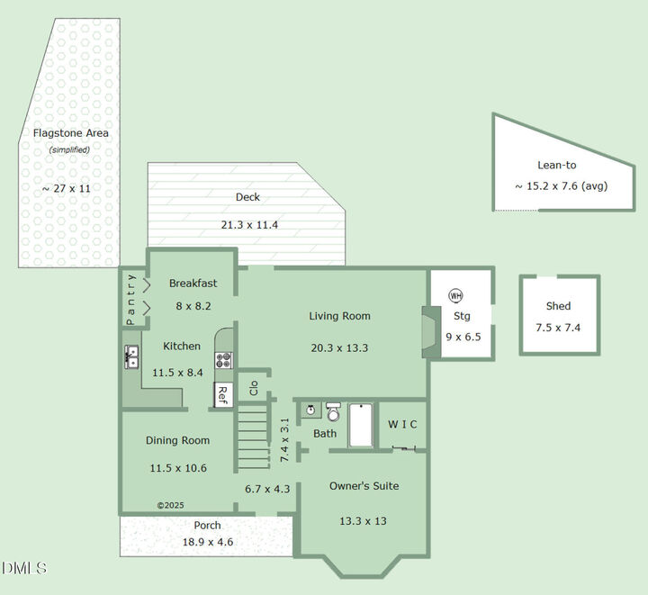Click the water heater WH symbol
tap(455, 296)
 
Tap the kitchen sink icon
tap(131, 357)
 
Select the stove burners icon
tap(224, 360)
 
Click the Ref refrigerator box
tap(222, 394)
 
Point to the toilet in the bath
tap(333, 412)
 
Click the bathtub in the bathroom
tap(360, 425)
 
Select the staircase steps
tap(253, 437)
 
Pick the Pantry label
tap(130, 299)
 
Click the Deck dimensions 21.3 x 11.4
tap(247, 225)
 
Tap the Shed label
tap(558, 306)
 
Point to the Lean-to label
tap(556, 165)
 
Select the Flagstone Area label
tap(71, 133)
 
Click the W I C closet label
tap(402, 425)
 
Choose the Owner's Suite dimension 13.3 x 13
tap(364, 521)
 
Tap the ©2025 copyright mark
tap(170, 506)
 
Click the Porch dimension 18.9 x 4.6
tap(207, 542)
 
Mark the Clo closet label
tap(254, 388)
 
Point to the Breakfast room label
tap(193, 283)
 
